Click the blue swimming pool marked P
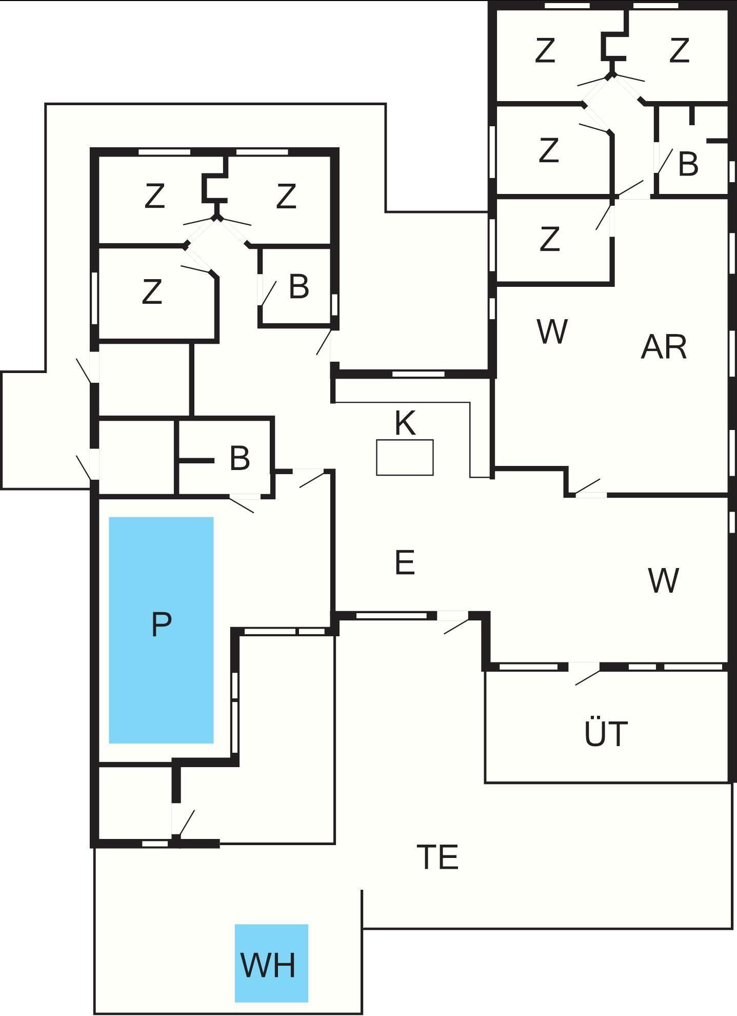click(161, 630)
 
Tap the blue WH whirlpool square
click(271, 963)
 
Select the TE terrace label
click(437, 857)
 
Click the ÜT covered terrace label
click(606, 733)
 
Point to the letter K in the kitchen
click(405, 423)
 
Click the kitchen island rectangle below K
click(405, 457)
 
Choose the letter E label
click(405, 562)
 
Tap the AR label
click(664, 347)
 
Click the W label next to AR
click(552, 331)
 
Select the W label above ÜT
click(663, 580)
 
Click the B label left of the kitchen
click(240, 458)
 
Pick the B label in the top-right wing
click(688, 164)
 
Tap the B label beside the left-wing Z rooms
click(299, 286)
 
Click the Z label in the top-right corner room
click(679, 50)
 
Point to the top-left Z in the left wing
click(154, 196)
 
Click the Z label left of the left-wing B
click(152, 291)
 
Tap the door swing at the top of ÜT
click(587, 675)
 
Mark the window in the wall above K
click(418, 374)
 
